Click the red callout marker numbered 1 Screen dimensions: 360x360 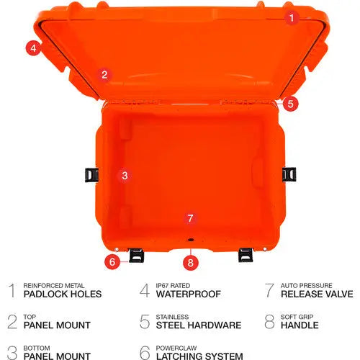[291, 17]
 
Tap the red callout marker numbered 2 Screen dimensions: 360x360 [104, 73]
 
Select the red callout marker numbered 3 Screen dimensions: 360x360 [124, 175]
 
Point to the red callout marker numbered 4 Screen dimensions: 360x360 [32, 48]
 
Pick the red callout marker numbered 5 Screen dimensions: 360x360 [289, 104]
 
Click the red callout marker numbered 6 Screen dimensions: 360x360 [112, 261]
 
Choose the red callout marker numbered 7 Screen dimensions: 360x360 [190, 218]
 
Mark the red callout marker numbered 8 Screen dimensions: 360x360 [190, 262]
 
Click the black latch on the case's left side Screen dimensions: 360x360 [91, 174]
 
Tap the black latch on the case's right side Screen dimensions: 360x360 [289, 173]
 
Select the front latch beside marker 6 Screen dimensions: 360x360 [137, 253]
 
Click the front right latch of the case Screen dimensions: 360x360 [246, 253]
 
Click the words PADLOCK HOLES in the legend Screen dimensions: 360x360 [63, 294]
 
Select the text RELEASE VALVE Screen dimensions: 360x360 [317, 294]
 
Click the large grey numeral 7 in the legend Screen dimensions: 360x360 [269, 290]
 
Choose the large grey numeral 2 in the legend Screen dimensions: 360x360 [12, 321]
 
